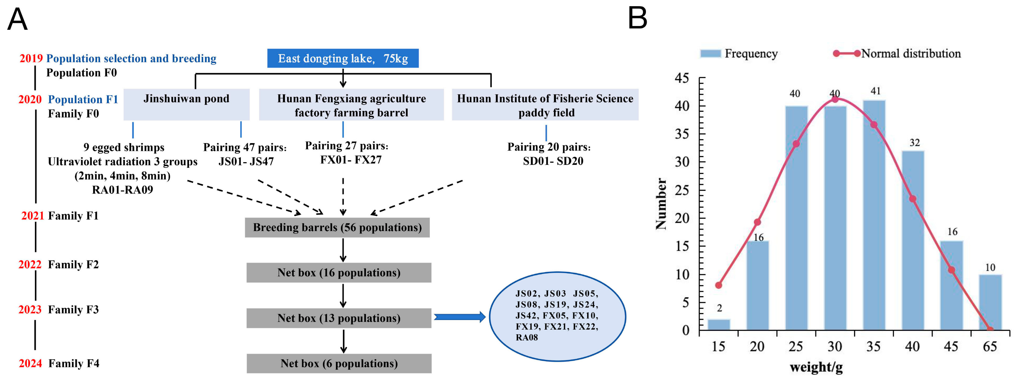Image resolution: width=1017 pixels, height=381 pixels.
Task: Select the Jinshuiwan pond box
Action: pyautogui.click(x=186, y=104)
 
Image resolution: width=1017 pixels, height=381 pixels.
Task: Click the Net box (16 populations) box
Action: pyautogui.click(x=339, y=273)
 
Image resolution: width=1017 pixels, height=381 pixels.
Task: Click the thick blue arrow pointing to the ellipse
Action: pyautogui.click(x=459, y=317)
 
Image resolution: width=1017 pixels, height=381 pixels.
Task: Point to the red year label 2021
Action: pyautogui.click(x=32, y=216)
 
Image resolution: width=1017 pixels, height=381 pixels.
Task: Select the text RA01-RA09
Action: pyautogui.click(x=122, y=190)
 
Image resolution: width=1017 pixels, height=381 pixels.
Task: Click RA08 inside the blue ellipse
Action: pyautogui.click(x=527, y=337)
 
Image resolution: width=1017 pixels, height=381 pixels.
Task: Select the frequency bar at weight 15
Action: pyautogui.click(x=718, y=325)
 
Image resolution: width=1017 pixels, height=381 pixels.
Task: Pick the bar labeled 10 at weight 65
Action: pyautogui.click(x=990, y=302)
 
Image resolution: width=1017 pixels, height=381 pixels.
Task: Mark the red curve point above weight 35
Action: pyautogui.click(x=874, y=124)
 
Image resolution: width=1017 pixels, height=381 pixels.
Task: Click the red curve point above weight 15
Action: pyautogui.click(x=718, y=285)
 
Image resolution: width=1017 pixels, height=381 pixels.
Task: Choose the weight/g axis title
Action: pyautogui.click(x=816, y=367)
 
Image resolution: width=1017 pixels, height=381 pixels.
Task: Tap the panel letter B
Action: pyautogui.click(x=637, y=18)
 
